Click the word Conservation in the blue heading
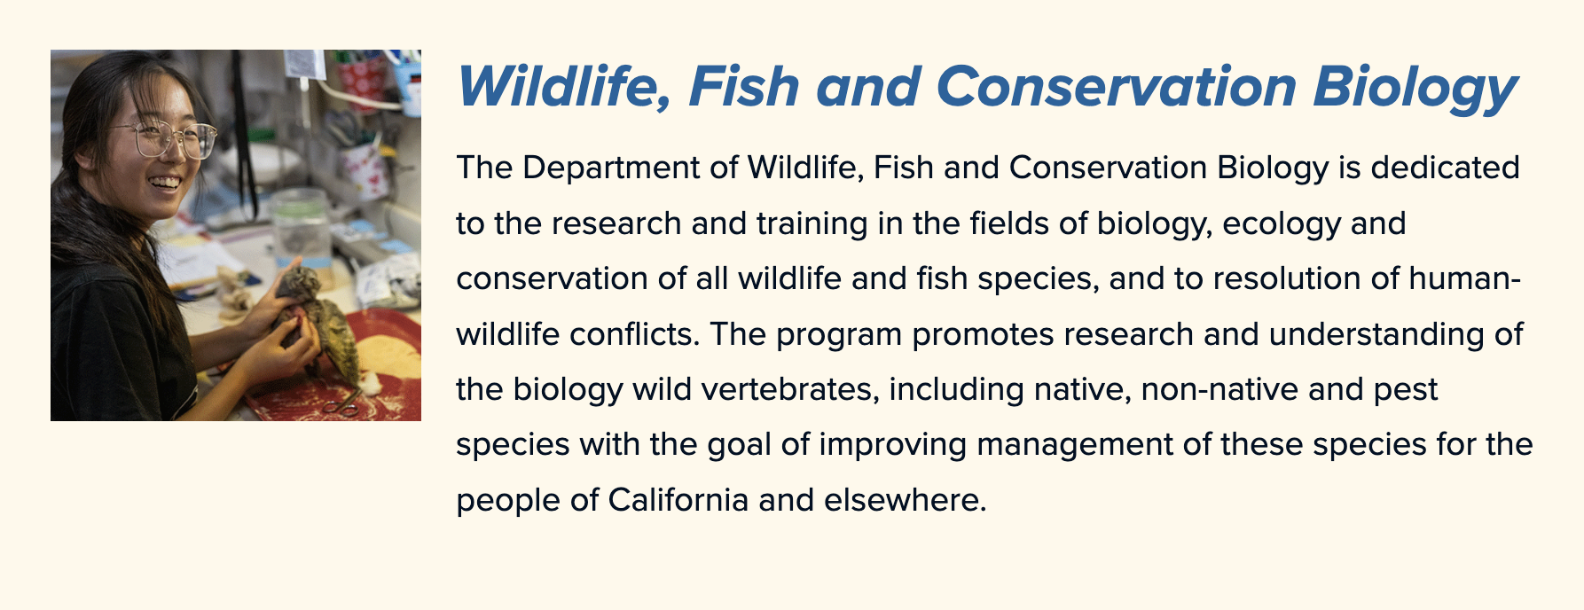coord(1115,87)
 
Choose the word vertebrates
coord(789,389)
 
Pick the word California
coord(678,500)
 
